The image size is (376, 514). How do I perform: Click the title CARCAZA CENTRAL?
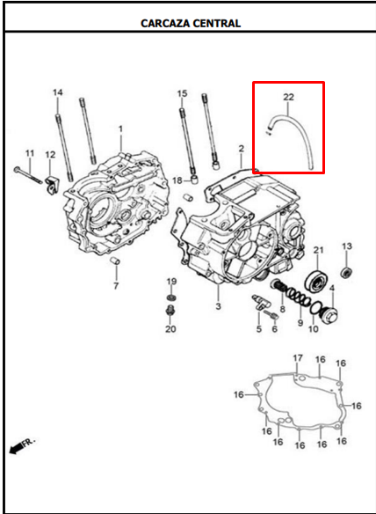pyautogui.click(x=191, y=23)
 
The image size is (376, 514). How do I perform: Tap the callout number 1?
pyautogui.click(x=120, y=129)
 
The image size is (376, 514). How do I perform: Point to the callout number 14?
pyautogui.click(x=58, y=92)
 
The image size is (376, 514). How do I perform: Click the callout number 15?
pyautogui.click(x=182, y=93)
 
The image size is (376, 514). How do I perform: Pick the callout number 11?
pyautogui.click(x=29, y=154)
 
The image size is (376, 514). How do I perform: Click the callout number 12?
pyautogui.click(x=49, y=155)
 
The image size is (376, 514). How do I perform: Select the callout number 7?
pyautogui.click(x=115, y=286)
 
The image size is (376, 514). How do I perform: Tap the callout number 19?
pyautogui.click(x=172, y=282)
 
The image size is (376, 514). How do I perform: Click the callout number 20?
pyautogui.click(x=171, y=329)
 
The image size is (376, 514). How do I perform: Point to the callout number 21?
pyautogui.click(x=319, y=250)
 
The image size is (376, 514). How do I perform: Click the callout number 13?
pyautogui.click(x=346, y=246)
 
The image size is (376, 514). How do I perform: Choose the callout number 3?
pyautogui.click(x=218, y=306)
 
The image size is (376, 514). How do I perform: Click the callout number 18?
pyautogui.click(x=177, y=180)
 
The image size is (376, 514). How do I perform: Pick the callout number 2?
pyautogui.click(x=241, y=149)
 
